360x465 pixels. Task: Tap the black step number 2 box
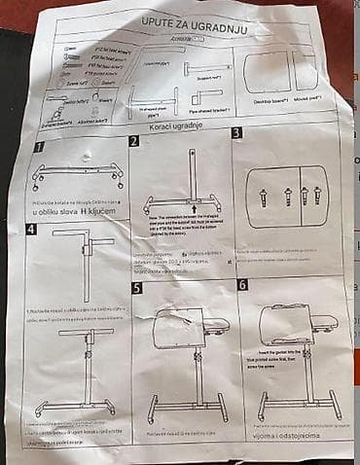[133, 141]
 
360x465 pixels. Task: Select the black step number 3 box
[236, 133]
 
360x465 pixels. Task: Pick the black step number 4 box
[32, 231]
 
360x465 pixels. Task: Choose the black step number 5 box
[136, 288]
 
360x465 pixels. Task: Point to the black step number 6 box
[242, 285]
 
